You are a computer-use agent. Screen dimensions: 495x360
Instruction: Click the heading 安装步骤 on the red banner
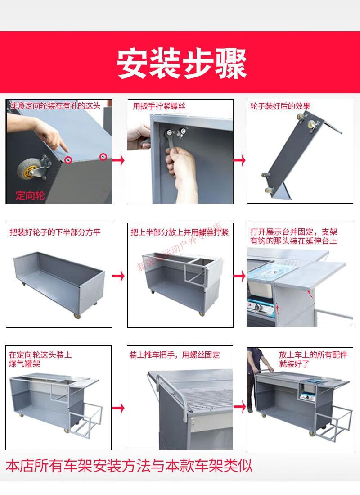[182, 64]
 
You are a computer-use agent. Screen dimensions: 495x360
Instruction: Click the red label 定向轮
[30, 195]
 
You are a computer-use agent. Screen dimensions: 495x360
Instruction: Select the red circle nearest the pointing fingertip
[68, 159]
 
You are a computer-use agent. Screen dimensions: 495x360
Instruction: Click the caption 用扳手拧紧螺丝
[159, 106]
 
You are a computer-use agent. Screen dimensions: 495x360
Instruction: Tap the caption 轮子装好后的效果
[280, 106]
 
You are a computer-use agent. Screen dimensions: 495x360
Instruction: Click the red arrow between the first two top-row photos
[119, 160]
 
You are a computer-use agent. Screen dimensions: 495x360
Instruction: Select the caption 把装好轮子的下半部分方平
[55, 232]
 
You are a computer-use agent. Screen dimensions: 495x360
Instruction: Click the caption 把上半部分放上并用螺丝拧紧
[180, 232]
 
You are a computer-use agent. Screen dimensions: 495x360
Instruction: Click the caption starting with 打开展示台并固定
[293, 236]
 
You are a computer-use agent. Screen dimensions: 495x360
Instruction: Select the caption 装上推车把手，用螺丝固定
[175, 354]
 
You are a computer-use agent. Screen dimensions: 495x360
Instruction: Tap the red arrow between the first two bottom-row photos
[119, 408]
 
